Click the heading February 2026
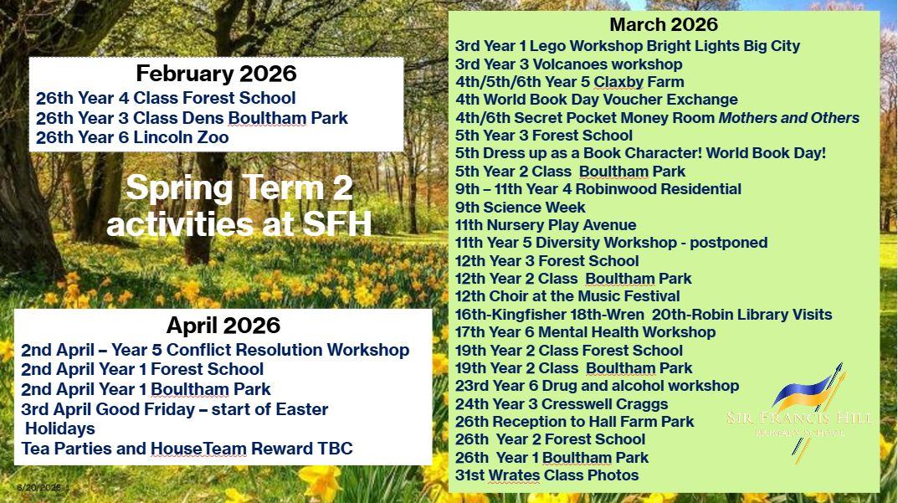pos(217,74)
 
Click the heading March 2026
pos(663,24)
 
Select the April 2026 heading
pos(223,326)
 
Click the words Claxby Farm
pos(639,82)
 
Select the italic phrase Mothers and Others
pos(789,117)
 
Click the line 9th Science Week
pos(520,207)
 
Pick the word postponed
pos(728,243)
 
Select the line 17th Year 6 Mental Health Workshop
pos(585,332)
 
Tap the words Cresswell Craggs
pos(605,404)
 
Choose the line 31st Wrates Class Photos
pos(547,475)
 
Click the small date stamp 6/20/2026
pos(38,488)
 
